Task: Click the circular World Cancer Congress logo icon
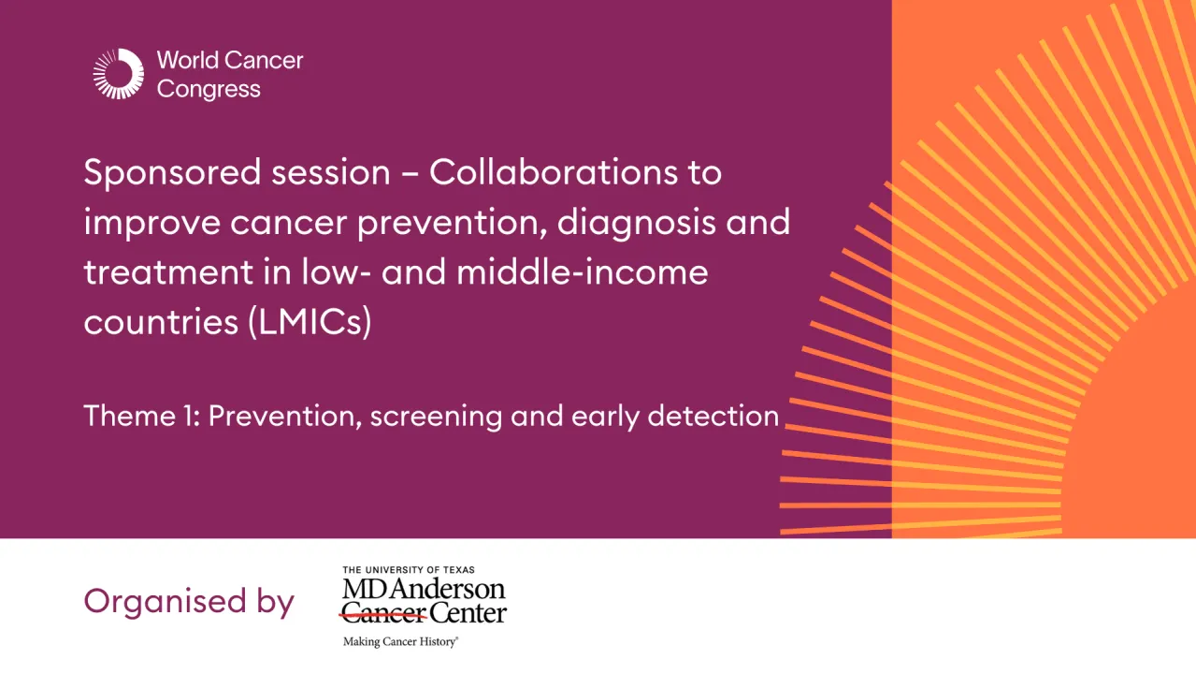coord(119,74)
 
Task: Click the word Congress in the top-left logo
coord(209,90)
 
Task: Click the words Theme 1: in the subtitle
coord(141,416)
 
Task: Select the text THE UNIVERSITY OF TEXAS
coord(409,569)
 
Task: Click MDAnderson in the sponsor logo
coord(424,589)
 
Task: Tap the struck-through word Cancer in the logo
coord(384,615)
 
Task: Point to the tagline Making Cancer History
coord(399,642)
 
